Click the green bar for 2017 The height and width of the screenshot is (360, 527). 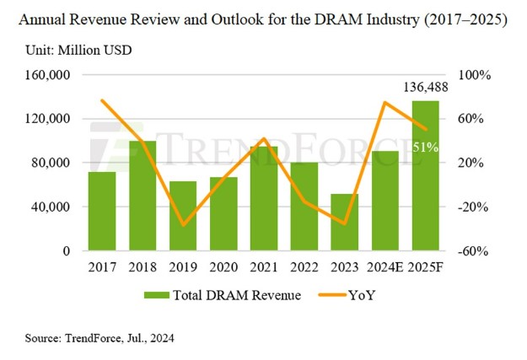(x=102, y=211)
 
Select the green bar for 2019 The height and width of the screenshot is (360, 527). (x=183, y=216)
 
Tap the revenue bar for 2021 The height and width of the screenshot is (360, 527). (x=264, y=199)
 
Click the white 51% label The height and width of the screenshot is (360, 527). (x=425, y=148)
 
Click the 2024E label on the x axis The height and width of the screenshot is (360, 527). (x=384, y=267)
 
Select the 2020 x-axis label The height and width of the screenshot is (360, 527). (x=223, y=267)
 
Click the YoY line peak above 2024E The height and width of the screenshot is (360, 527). (x=384, y=103)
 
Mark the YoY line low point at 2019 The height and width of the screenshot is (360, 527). (x=183, y=225)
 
